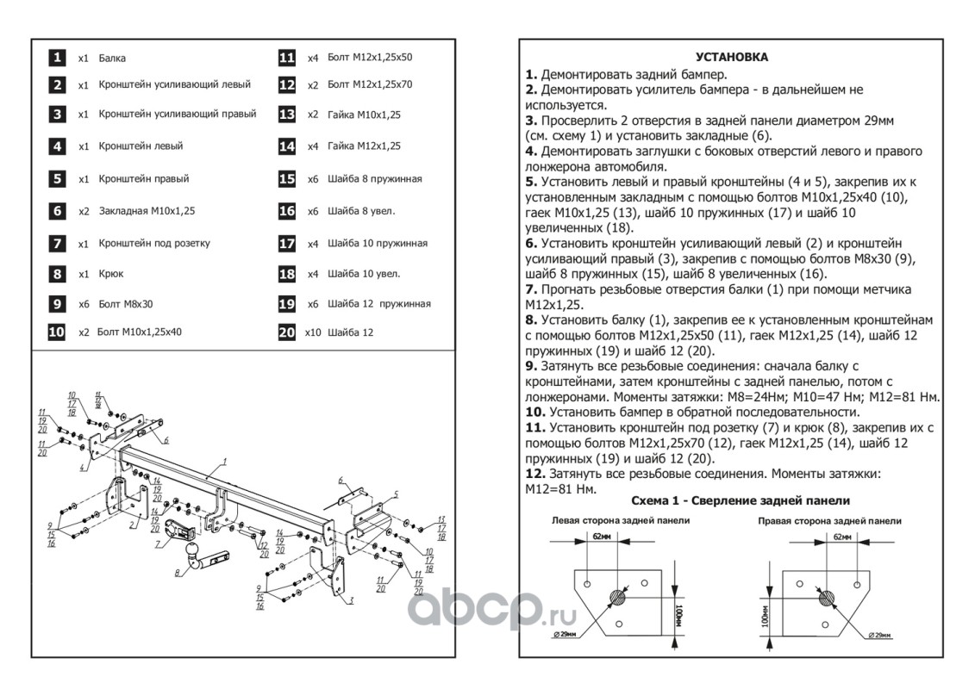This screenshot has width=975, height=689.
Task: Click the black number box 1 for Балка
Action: point(55,58)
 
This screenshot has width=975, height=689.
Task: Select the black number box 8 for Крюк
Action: point(55,274)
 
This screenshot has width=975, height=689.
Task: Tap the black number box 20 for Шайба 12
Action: point(287,332)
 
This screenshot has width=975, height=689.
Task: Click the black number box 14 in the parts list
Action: point(287,146)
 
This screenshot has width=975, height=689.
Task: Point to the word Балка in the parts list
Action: point(112,59)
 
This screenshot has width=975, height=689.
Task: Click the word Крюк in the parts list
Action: point(111,274)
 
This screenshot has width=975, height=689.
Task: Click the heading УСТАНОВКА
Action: point(732,58)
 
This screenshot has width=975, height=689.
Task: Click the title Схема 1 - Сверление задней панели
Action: point(741,500)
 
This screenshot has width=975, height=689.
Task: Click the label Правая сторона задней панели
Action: point(829,521)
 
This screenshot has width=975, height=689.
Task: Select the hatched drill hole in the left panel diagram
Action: point(620,596)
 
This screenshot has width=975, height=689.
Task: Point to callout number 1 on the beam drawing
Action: point(223,462)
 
